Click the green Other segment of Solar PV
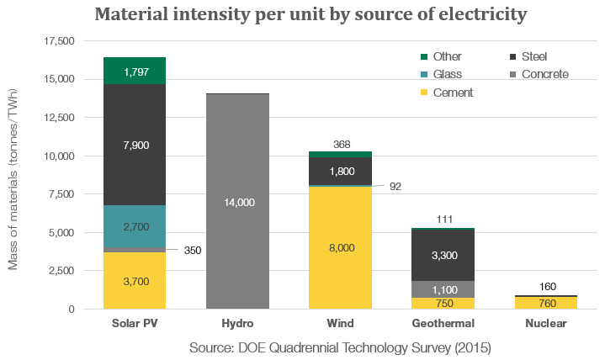coord(135,71)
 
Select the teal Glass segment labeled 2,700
coord(135,226)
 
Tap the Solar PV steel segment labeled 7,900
coord(135,145)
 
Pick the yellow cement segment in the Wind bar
coord(340,248)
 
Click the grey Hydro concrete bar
coord(237,201)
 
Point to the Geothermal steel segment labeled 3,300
coord(443,255)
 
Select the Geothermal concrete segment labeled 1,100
coord(443,289)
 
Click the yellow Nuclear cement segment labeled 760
coord(546,303)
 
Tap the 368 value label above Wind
coord(342,145)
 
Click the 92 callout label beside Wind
coord(395,187)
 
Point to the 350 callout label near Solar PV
coord(193,251)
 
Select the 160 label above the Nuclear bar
coord(548,286)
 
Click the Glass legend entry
coord(441,74)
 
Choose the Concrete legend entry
coord(539,74)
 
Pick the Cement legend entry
coord(447,93)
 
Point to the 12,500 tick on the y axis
coord(59,118)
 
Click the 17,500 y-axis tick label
coord(59,41)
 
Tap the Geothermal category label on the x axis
coord(443,323)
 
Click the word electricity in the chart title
coord(483,14)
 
